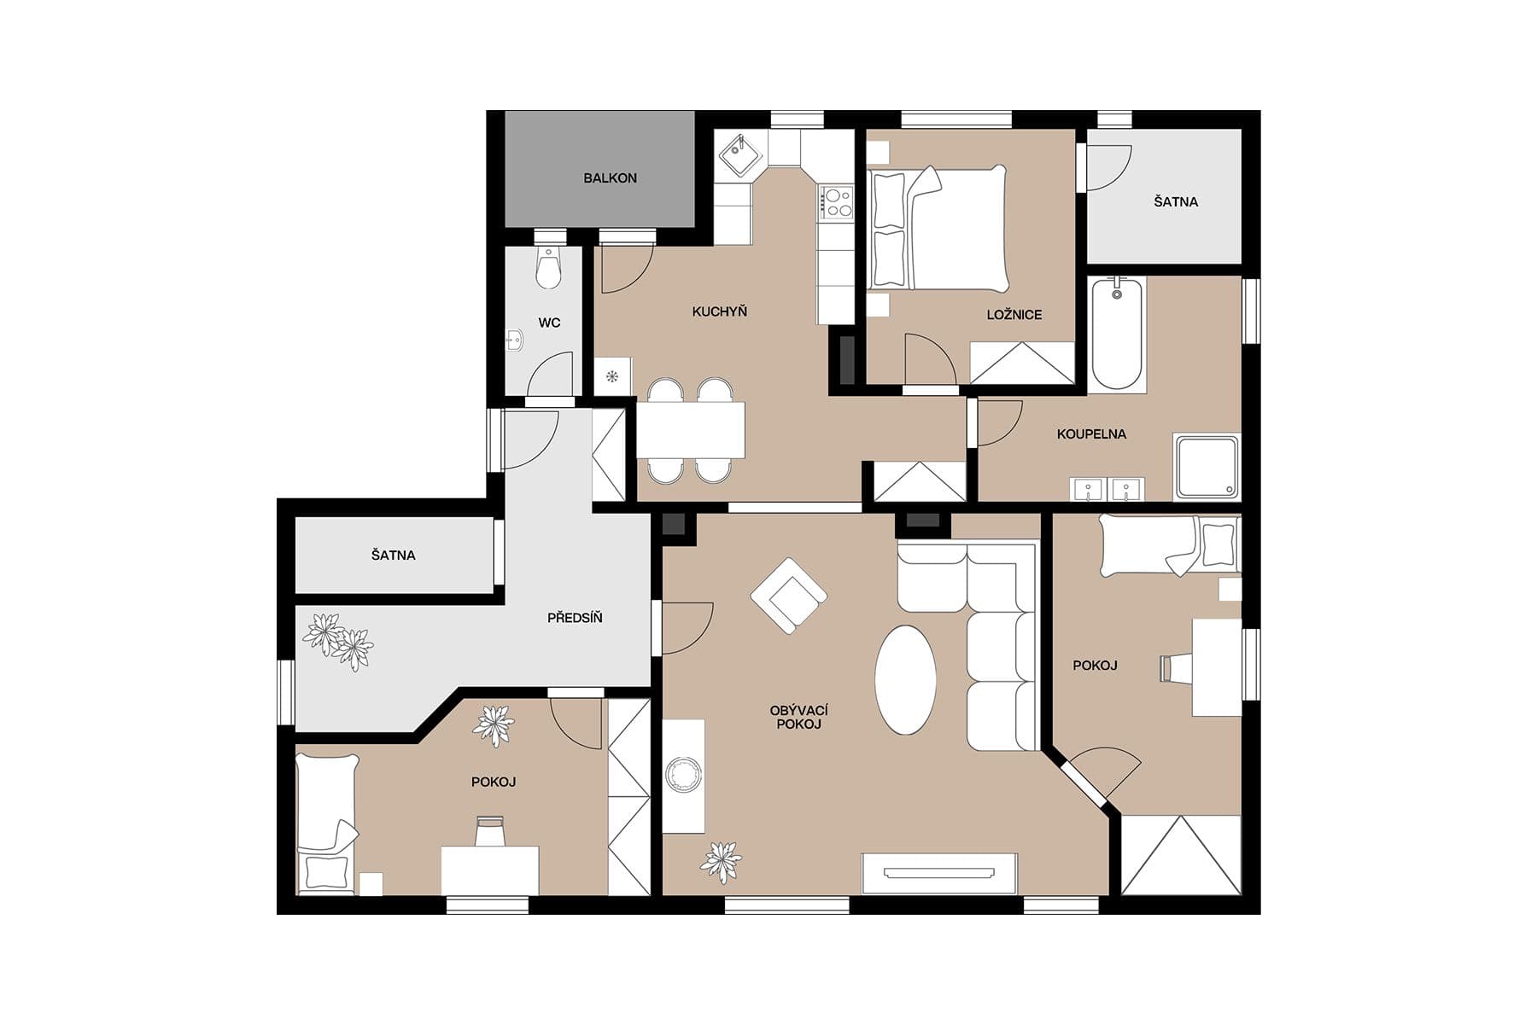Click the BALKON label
[x=610, y=178]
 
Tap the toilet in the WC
[x=548, y=269]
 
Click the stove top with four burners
[x=836, y=202]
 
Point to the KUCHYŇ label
[x=719, y=311]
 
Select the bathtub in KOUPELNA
[x=1117, y=334]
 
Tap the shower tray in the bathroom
[x=1206, y=467]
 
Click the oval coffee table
[x=905, y=680]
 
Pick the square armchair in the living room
[x=788, y=596]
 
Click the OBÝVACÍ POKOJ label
[x=798, y=718]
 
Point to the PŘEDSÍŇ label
[x=575, y=618]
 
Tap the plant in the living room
[x=722, y=861]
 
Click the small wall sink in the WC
[x=513, y=341]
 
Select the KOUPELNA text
[x=1091, y=434]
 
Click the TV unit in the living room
[x=939, y=873]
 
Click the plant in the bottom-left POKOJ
[x=494, y=725]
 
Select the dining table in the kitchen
[x=690, y=429]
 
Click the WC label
[x=549, y=323]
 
